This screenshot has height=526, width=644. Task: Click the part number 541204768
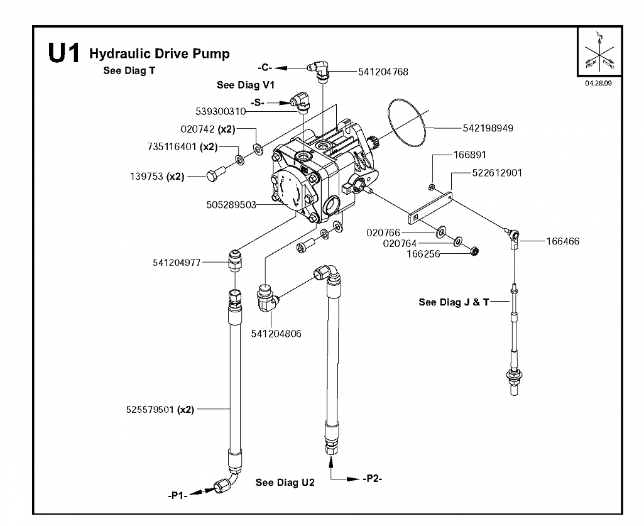(x=383, y=72)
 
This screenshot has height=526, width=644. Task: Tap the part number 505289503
(x=231, y=205)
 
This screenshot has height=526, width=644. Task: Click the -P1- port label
(x=177, y=496)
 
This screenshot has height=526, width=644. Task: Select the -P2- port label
(x=373, y=479)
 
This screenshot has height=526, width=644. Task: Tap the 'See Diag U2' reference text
(x=285, y=483)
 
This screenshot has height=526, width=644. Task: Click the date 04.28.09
(x=598, y=83)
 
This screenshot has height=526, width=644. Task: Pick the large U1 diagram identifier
(x=63, y=53)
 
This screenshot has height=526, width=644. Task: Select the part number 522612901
(x=497, y=173)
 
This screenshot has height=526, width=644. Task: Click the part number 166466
(x=563, y=241)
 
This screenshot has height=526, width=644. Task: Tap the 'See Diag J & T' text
(x=454, y=302)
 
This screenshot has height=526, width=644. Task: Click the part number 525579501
(x=150, y=410)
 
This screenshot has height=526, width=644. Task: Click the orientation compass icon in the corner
(x=599, y=52)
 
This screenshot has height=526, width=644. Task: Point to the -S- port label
(x=258, y=102)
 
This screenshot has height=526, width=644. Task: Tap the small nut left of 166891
(x=432, y=188)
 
